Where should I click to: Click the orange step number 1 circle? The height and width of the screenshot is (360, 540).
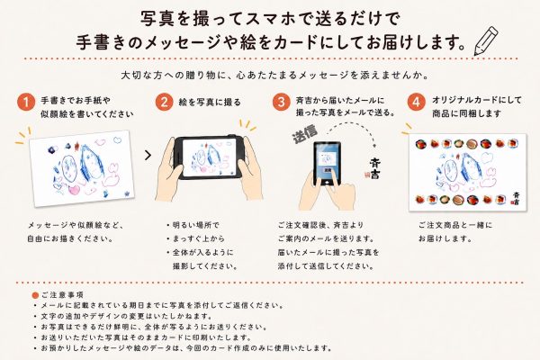(26, 103)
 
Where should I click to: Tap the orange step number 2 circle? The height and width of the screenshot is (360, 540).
(164, 103)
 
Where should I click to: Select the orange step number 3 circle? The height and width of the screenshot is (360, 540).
(281, 103)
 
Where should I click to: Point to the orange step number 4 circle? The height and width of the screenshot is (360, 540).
(417, 103)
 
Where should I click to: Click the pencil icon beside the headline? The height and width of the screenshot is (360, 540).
(486, 40)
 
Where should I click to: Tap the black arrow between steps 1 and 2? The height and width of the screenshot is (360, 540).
(148, 156)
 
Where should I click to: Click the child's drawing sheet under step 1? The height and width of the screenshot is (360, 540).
(82, 168)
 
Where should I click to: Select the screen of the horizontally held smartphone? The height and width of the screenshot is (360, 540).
(209, 157)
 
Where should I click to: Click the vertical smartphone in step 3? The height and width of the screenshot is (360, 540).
(327, 163)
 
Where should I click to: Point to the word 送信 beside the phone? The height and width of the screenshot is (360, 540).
(305, 134)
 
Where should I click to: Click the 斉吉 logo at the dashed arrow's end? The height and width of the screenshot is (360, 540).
(374, 168)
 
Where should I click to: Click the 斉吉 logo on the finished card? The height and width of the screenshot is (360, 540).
(516, 199)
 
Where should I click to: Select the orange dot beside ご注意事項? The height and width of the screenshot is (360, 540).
(35, 295)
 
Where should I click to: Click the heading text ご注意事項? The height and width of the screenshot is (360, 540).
(62, 295)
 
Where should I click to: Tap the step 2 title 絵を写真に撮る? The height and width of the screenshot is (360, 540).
(210, 103)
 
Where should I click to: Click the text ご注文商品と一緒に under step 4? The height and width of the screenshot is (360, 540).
(455, 225)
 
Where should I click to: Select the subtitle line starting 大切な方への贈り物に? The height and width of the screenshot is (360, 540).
(274, 75)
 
